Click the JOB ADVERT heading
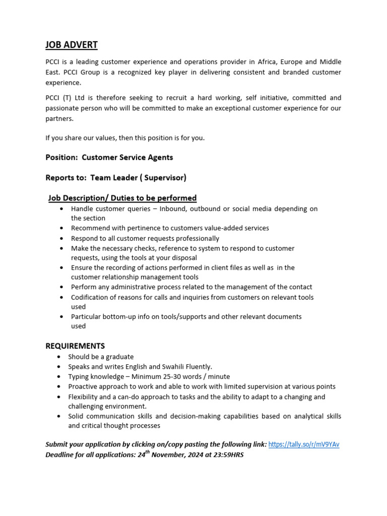(x=72, y=45)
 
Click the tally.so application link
(x=304, y=444)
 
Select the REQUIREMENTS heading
(x=75, y=346)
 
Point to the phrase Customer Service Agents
(x=127, y=157)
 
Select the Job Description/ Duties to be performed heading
(x=122, y=198)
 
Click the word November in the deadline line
(x=169, y=455)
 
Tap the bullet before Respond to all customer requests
(x=61, y=239)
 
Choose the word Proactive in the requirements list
(x=85, y=386)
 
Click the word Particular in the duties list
(x=87, y=316)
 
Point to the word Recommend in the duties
(x=90, y=228)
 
